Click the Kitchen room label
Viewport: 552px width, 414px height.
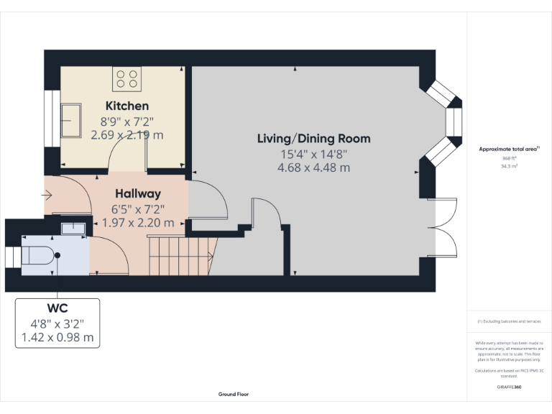click(127, 106)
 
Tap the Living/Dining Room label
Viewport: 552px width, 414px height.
click(313, 138)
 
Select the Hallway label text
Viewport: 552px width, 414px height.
click(138, 194)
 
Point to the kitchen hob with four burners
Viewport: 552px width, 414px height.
click(126, 78)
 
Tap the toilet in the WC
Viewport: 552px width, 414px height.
click(40, 255)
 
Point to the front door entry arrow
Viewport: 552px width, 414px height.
click(47, 194)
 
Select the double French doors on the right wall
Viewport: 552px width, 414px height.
click(442, 226)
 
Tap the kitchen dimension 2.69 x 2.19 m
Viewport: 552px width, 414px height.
click(127, 134)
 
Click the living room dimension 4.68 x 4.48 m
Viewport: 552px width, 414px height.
click(313, 167)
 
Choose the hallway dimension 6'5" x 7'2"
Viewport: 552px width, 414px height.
click(138, 209)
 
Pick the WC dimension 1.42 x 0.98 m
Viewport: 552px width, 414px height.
click(57, 336)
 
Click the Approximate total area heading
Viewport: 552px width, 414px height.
click(509, 149)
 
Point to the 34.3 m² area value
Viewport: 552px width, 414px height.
click(509, 165)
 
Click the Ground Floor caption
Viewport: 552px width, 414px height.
click(234, 394)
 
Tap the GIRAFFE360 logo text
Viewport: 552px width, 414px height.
click(509, 387)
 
